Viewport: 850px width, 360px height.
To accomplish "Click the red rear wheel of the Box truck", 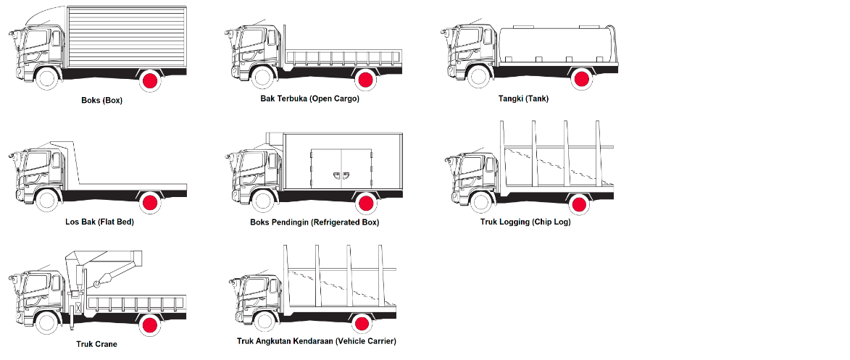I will pos(150,80).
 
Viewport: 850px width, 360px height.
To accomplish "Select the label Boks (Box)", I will pos(101,101).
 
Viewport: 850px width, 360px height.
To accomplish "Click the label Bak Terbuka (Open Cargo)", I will pos(310,99).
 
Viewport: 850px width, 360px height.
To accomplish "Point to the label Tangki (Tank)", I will pos(523,99).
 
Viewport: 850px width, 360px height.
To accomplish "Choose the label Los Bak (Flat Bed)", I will pos(99,222).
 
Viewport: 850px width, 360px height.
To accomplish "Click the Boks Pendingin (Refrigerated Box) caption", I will pos(314,222).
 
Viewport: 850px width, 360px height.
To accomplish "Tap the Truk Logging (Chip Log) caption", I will pos(526,222).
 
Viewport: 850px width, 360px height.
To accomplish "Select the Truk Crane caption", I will pos(96,344).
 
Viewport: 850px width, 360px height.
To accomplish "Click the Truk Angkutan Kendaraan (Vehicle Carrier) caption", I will pos(317,340).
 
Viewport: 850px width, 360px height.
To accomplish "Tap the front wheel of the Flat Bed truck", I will pos(46,201).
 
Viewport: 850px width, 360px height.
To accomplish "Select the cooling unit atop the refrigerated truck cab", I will pos(273,138).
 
